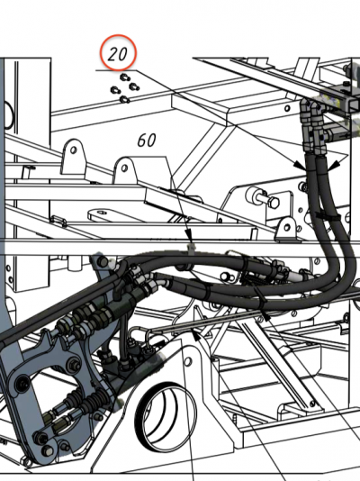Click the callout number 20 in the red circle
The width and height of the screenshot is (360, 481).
pyautogui.click(x=118, y=54)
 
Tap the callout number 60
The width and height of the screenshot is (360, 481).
pyautogui.click(x=147, y=141)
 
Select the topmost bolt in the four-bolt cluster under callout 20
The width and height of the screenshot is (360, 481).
pyautogui.click(x=124, y=77)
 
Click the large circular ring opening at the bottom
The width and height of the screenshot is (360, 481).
pyautogui.click(x=166, y=417)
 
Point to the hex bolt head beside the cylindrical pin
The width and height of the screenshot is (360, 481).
pyautogui.click(x=273, y=202)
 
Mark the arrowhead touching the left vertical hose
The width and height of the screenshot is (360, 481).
pyautogui.click(x=300, y=165)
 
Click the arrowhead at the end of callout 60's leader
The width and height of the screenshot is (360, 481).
pyautogui.click(x=190, y=235)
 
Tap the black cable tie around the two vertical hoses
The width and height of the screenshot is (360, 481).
pyautogui.click(x=328, y=216)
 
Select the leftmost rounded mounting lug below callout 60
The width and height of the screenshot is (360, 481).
pyautogui.click(x=73, y=155)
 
